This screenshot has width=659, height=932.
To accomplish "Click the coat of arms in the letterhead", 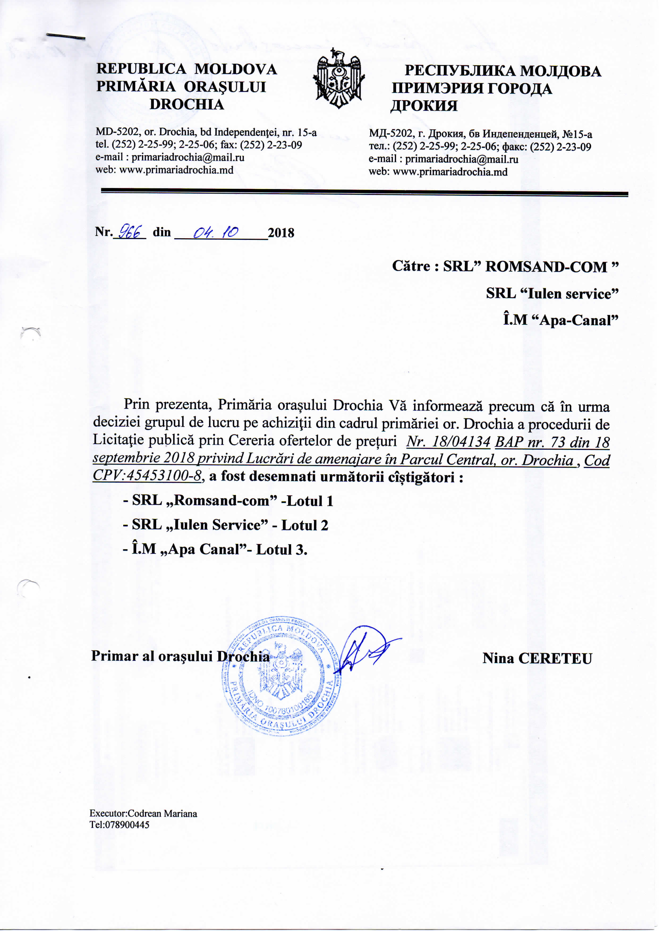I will pos(339,78).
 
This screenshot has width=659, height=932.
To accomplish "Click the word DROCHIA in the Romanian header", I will pos(187,104).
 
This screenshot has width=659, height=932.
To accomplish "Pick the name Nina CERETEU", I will pos(537,658).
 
